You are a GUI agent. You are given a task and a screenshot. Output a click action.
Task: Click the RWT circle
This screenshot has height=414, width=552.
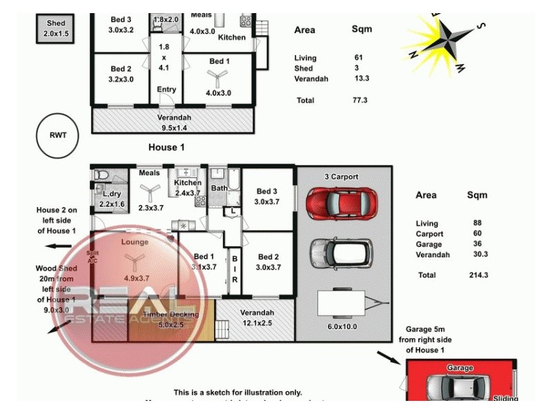tap(58, 135)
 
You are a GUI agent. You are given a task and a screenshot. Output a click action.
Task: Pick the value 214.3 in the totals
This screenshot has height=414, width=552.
tap(472, 275)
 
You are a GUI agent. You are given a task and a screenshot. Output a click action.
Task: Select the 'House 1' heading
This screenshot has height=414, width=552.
tap(167, 148)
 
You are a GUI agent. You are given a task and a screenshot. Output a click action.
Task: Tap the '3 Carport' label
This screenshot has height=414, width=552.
tap(342, 177)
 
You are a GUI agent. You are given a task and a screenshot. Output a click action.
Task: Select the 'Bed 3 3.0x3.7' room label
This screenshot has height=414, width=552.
tap(267, 197)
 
